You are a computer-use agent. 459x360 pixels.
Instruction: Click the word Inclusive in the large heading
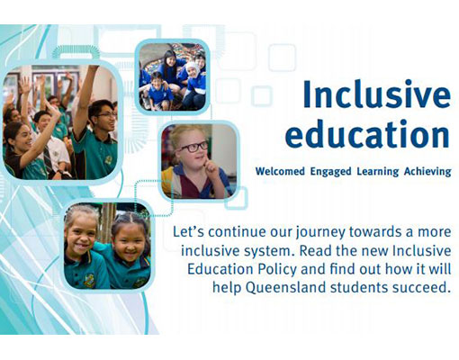(376, 94)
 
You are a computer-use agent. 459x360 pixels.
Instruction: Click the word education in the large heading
(367, 133)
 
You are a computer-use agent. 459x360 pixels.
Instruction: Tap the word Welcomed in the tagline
(280, 171)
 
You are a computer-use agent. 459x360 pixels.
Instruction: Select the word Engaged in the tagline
(330, 172)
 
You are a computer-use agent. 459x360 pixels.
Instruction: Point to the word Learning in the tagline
(378, 172)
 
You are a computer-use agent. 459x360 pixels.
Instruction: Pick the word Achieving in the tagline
(427, 172)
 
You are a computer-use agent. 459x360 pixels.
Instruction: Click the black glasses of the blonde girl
(194, 147)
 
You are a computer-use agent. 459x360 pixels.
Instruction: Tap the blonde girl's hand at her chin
(211, 167)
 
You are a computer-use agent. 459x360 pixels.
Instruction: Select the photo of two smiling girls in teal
(107, 246)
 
